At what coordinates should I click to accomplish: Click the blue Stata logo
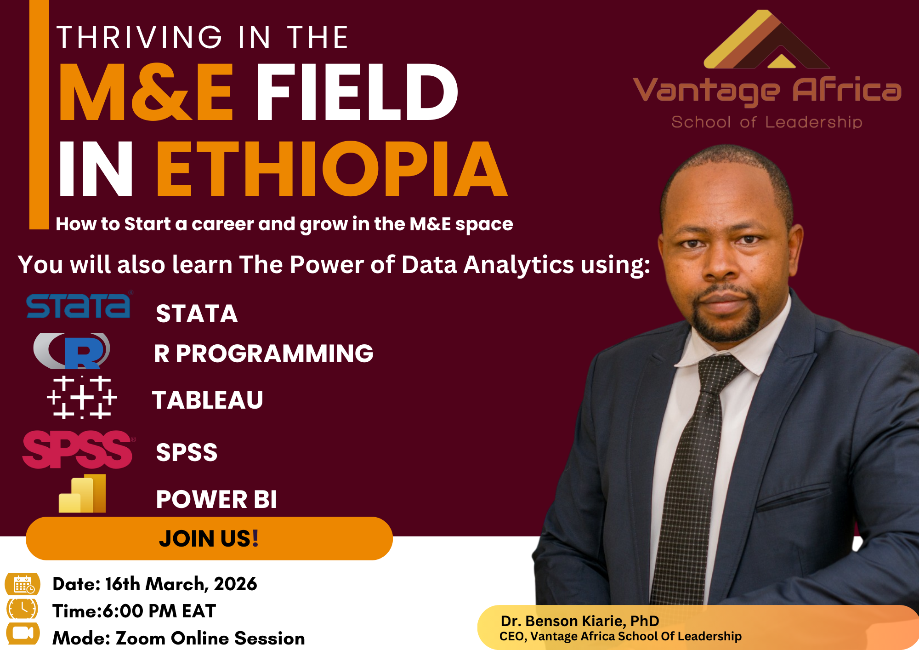tap(78, 306)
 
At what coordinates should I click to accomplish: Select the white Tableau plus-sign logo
tap(82, 398)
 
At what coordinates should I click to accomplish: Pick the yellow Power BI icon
tap(83, 494)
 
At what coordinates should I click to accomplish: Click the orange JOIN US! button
tap(209, 538)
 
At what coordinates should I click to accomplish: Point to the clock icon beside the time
tap(22, 610)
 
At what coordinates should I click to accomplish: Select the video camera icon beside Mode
tap(23, 633)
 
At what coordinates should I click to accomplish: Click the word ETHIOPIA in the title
tap(332, 169)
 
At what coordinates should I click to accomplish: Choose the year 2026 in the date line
tap(235, 584)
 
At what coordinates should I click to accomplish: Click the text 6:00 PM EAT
tap(159, 611)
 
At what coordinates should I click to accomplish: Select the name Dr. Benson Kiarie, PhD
tap(580, 621)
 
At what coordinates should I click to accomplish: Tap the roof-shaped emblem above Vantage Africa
tap(766, 41)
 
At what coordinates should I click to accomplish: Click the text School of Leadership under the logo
tap(766, 122)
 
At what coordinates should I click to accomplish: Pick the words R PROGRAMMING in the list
tap(264, 354)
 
